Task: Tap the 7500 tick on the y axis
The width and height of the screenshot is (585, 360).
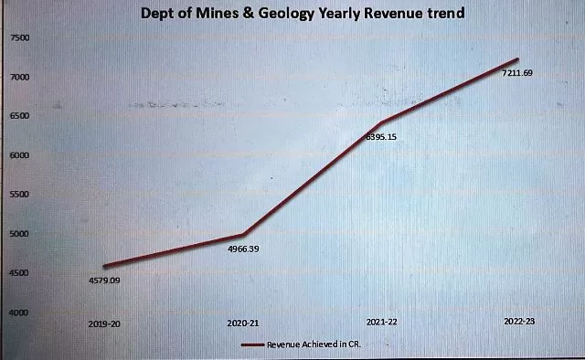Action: (19, 37)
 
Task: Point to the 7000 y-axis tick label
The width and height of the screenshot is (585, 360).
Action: (19, 77)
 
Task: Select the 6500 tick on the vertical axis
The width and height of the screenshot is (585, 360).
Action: (19, 116)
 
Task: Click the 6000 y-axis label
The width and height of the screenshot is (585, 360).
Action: (19, 155)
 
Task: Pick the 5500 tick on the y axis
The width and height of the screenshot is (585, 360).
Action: (19, 195)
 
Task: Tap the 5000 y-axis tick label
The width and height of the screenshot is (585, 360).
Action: (19, 234)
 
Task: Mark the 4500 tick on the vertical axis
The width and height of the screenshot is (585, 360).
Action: (19, 273)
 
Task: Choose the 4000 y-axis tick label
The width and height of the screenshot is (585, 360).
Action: (19, 312)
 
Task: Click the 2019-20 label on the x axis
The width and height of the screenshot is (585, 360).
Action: (104, 323)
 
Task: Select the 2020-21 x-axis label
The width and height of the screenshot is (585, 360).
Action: (241, 323)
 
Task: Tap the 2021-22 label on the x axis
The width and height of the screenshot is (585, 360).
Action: (380, 323)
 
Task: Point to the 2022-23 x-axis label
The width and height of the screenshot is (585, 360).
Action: (518, 322)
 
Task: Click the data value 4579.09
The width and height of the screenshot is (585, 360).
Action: (104, 280)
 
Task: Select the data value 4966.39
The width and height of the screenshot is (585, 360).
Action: (243, 249)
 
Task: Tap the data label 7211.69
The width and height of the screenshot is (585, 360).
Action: (517, 73)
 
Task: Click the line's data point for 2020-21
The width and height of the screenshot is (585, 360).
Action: (242, 235)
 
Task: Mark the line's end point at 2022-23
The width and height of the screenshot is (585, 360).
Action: (518, 59)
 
